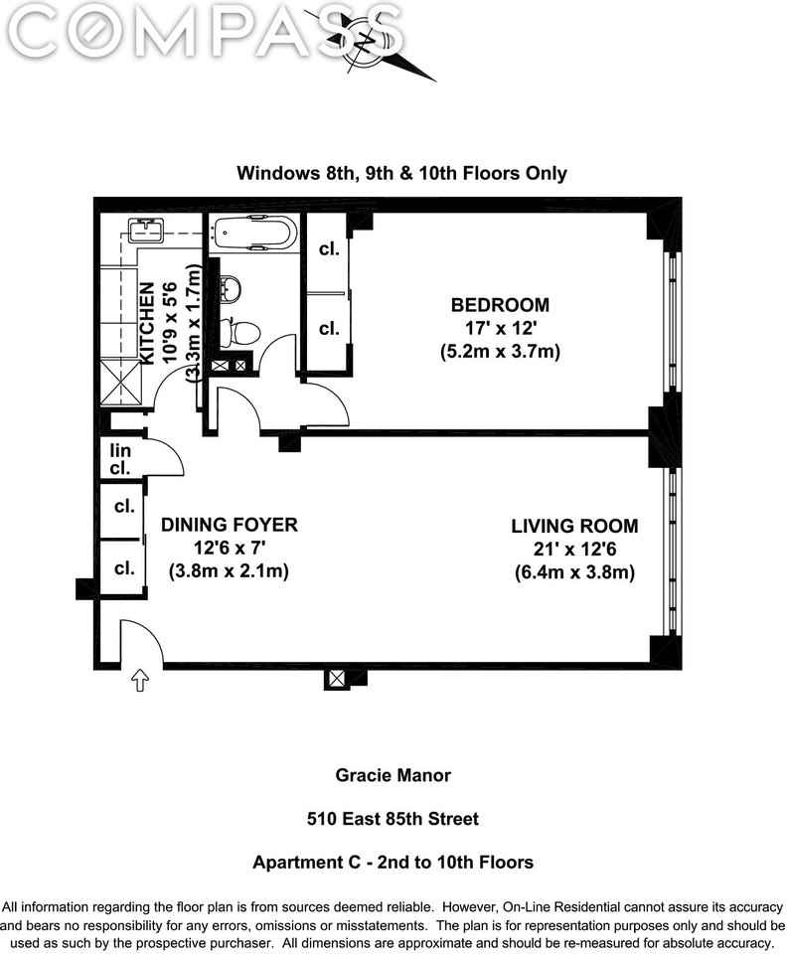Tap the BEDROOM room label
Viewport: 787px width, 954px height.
[x=500, y=305]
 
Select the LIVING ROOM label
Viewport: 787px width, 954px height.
[x=574, y=526]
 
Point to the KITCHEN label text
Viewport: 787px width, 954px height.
[x=147, y=324]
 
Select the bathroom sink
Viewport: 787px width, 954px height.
[x=228, y=289]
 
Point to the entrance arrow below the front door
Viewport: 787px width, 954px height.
[x=139, y=682]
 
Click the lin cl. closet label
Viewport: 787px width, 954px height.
[x=120, y=459]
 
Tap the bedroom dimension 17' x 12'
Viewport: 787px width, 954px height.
[x=500, y=328]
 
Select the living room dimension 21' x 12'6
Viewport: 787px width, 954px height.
[x=574, y=550]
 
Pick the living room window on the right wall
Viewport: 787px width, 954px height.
[x=673, y=550]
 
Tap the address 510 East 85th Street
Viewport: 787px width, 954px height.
[x=393, y=819]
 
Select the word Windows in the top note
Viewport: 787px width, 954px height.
[x=271, y=173]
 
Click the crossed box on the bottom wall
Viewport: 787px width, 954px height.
[x=336, y=679]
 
